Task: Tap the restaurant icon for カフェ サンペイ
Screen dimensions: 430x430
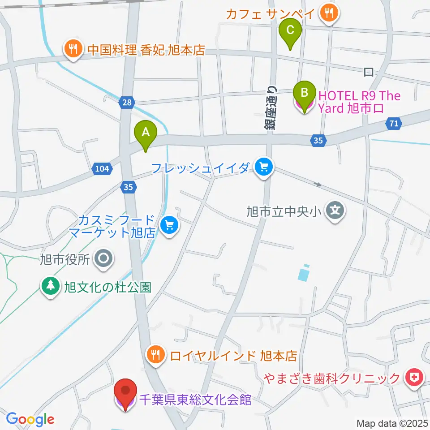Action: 330,13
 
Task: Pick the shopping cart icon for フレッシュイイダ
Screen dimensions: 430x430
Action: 263,168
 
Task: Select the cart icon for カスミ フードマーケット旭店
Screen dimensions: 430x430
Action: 168,225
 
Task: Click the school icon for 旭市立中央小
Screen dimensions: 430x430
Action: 335,209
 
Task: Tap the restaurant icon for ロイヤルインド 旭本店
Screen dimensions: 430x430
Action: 155,356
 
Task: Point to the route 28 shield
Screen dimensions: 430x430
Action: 127,103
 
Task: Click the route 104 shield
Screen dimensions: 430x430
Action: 101,168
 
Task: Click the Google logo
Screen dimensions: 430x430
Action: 30,419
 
